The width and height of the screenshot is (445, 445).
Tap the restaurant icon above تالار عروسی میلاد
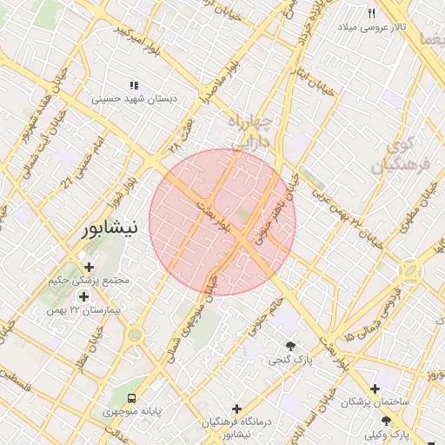(x=372, y=13)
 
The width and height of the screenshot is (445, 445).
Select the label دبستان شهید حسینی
(x=135, y=99)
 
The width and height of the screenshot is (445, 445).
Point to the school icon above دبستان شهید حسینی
(x=134, y=85)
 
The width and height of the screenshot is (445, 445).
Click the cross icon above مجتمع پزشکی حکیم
(x=89, y=267)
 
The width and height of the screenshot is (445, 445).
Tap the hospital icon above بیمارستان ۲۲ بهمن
(x=83, y=296)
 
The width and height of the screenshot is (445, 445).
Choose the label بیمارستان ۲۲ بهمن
(x=86, y=310)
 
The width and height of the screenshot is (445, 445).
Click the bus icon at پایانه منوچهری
(x=130, y=397)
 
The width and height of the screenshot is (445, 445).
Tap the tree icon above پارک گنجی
(x=290, y=345)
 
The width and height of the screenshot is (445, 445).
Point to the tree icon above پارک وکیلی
(x=387, y=421)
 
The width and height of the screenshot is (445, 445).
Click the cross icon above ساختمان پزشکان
(x=375, y=389)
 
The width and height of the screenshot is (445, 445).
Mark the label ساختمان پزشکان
(x=375, y=402)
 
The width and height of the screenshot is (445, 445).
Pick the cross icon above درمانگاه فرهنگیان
(x=236, y=408)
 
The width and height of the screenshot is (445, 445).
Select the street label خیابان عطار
(x=87, y=355)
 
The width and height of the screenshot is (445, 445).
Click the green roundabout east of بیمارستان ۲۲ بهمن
(x=134, y=335)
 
